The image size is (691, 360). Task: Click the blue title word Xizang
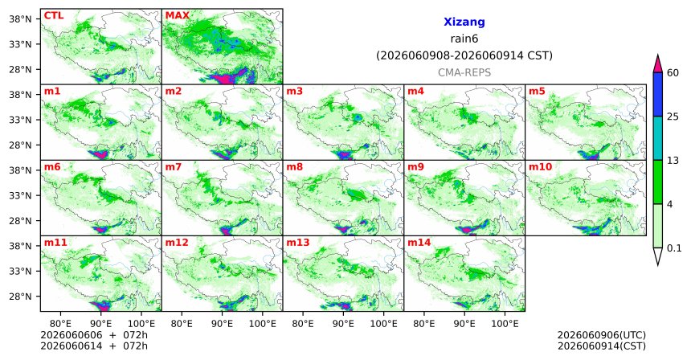point(464,22)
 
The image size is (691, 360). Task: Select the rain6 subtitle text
point(464,39)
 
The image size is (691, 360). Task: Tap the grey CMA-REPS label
point(464,72)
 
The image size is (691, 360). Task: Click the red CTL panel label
point(54,16)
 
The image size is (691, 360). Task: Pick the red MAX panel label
point(177,16)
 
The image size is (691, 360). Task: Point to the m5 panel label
point(537,92)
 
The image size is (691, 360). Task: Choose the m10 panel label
point(540,167)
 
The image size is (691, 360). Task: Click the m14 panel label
point(419,243)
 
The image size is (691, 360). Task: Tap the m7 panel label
point(174,167)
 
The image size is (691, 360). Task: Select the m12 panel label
point(176,243)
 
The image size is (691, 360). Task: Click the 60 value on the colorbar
point(673,73)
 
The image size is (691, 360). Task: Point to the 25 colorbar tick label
point(673,117)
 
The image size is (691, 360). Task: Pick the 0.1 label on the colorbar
point(674,248)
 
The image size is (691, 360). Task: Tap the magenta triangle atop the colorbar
point(658,64)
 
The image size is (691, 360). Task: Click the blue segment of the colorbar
point(658,94)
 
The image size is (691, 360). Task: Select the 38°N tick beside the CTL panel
point(21,19)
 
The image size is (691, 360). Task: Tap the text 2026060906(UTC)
point(602,336)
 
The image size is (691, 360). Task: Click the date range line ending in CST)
point(464,56)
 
